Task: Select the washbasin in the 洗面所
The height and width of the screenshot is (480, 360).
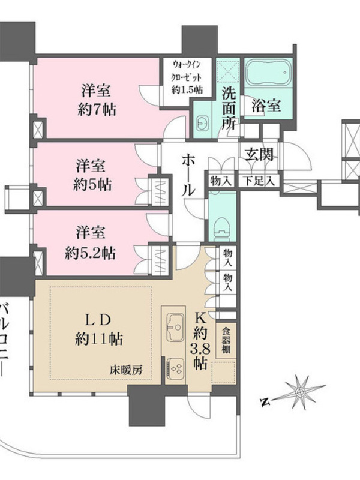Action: pos(202,123)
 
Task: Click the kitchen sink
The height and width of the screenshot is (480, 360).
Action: pos(175,326)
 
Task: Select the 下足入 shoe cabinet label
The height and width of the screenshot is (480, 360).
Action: pos(259,182)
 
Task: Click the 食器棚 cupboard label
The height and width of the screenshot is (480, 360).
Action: pos(226,341)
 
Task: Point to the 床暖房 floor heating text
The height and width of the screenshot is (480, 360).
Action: pos(127,371)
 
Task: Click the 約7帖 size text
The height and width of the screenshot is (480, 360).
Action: pos(97,109)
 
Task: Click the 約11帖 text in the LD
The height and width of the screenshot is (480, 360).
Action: pos(98,339)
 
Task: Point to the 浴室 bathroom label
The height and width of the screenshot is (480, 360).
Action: pos(266,106)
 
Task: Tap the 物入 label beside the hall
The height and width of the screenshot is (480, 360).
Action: pos(220,182)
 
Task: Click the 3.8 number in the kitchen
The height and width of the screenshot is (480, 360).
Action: pos(201,349)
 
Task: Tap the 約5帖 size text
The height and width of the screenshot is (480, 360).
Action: pos(92,185)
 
